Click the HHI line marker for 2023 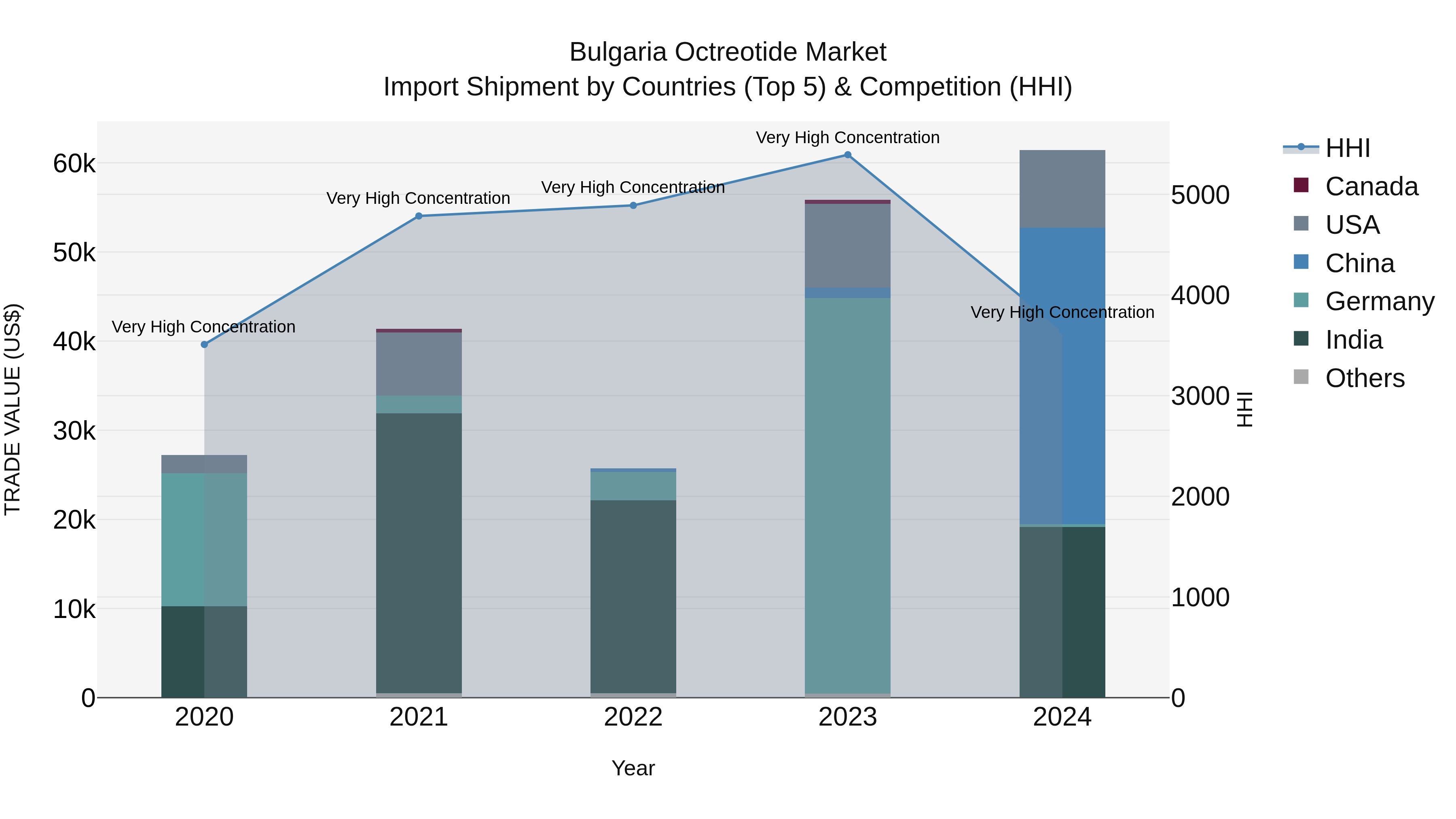(847, 155)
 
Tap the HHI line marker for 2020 (205, 345)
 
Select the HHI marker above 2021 (419, 216)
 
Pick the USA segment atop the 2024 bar (1062, 189)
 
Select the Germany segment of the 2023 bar (847, 495)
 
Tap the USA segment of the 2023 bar (847, 245)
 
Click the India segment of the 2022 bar (633, 596)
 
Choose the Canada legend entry (1371, 186)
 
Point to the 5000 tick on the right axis (1200, 195)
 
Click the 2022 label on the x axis (633, 717)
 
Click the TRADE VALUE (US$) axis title (13, 409)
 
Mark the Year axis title (633, 768)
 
